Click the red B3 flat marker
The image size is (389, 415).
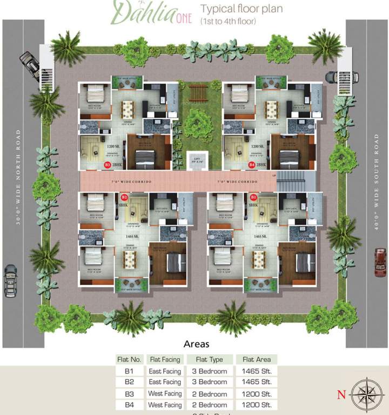[x=108, y=165]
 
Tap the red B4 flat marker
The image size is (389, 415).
[x=252, y=165]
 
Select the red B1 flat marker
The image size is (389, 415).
[x=253, y=197]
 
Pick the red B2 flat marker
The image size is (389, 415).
[x=124, y=197]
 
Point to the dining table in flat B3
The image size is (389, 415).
[x=128, y=110]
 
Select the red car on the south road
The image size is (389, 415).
[x=380, y=262]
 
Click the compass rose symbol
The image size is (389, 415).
[x=367, y=394]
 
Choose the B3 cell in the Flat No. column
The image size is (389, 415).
[x=129, y=394]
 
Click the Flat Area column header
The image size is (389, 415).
[x=257, y=359]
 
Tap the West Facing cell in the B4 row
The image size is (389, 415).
[x=165, y=405]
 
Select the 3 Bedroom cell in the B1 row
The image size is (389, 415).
[x=209, y=371]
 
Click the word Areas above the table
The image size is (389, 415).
[x=196, y=344]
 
